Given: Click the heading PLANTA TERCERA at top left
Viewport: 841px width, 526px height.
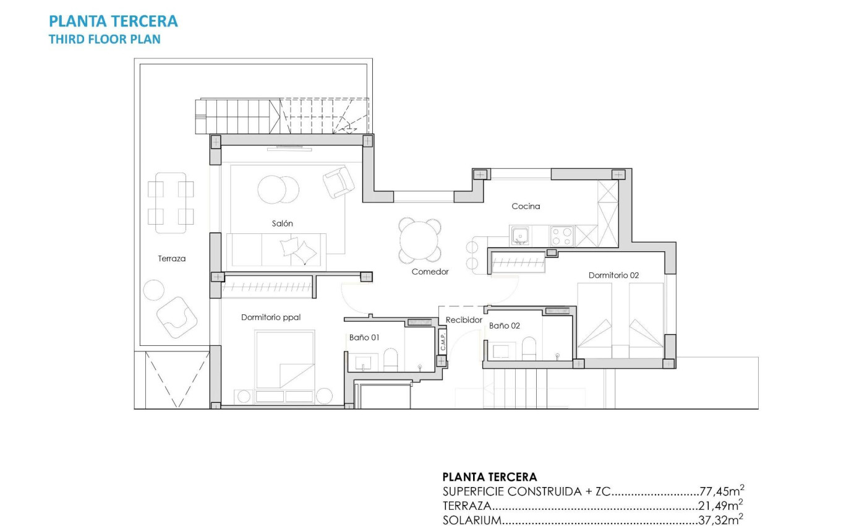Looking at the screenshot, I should pos(113,22).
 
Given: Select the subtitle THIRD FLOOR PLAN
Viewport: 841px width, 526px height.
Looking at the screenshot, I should pos(105,39).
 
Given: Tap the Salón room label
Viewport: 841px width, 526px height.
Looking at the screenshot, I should pos(282,223).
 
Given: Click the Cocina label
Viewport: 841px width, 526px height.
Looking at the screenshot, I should pos(526,206).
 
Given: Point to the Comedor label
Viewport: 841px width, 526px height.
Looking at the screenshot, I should pos(430,272).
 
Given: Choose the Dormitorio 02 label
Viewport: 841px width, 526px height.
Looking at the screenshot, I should pos(613,275).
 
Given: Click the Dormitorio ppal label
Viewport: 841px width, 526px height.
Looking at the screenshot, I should pos(271,317).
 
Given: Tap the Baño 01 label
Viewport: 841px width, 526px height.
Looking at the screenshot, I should pos(364,337).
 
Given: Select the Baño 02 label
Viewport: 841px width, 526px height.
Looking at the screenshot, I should pos(505,325).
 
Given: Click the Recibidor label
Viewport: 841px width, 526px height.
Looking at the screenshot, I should pos(464,320).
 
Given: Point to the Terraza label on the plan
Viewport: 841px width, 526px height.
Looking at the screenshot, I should pos(171,259).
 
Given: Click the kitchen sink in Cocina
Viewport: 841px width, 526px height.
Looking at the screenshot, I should pos(520,236).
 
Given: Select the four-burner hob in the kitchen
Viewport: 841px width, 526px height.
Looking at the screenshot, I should pos(562,236).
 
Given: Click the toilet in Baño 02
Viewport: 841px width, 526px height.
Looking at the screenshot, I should pos(529,348).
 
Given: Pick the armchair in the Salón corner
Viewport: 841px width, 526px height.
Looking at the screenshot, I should pos(338,182).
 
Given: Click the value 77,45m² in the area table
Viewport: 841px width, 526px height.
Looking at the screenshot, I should pos(721,492).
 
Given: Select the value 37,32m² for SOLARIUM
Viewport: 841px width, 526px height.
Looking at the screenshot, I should pos(721,520).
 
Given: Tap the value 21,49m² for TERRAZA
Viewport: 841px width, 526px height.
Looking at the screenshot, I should pos(721,506).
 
